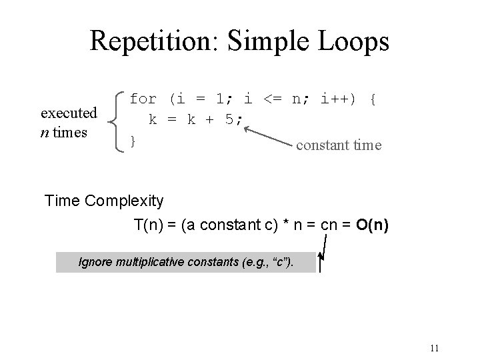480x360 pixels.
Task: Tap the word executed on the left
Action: pos(69,113)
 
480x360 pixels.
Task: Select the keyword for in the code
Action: pos(143,100)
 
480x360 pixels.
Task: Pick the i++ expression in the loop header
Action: pos(339,100)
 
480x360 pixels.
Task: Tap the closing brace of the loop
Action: pos(133,140)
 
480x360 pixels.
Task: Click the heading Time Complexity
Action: pos(103,201)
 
